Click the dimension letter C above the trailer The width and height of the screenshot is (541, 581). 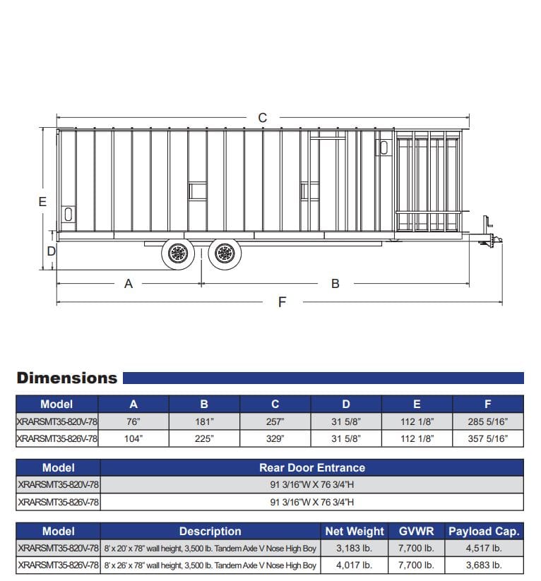pyautogui.click(x=263, y=118)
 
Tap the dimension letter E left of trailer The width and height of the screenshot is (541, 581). pyautogui.click(x=42, y=202)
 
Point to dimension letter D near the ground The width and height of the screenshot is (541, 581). pyautogui.click(x=51, y=251)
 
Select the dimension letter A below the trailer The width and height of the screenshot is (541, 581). pyautogui.click(x=129, y=284)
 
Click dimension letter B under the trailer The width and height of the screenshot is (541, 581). pyautogui.click(x=335, y=284)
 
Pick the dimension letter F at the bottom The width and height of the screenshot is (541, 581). pyautogui.click(x=283, y=303)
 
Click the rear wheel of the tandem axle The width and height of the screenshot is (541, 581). pyautogui.click(x=178, y=253)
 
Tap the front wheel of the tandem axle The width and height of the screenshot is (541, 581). pyautogui.click(x=225, y=253)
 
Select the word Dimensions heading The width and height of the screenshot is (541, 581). pyautogui.click(x=67, y=378)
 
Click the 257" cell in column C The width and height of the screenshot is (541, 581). pyautogui.click(x=275, y=422)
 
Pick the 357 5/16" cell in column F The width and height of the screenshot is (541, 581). pyautogui.click(x=487, y=439)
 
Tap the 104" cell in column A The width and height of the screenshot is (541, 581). pyautogui.click(x=133, y=439)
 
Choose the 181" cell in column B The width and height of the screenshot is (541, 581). pyautogui.click(x=204, y=422)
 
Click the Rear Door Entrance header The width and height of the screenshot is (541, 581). pyautogui.click(x=311, y=467)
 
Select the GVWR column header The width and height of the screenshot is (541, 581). pyautogui.click(x=417, y=532)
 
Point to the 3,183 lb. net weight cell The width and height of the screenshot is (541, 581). pyautogui.click(x=355, y=549)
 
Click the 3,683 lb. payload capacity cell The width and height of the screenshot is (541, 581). pyautogui.click(x=484, y=565)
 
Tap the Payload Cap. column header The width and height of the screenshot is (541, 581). pyautogui.click(x=484, y=532)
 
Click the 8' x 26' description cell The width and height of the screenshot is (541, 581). pyautogui.click(x=210, y=565)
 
